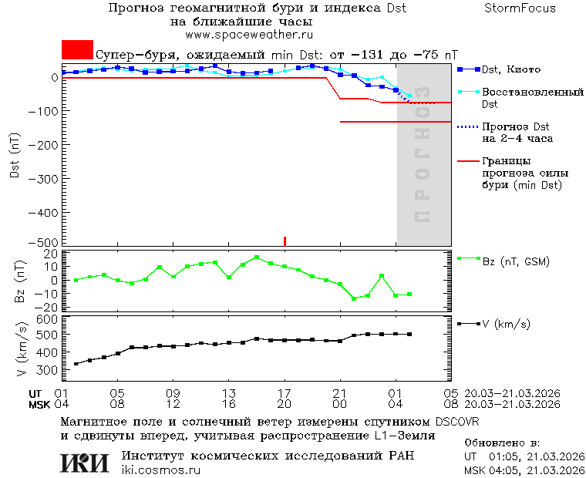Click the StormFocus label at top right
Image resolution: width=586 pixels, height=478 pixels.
tap(520, 8)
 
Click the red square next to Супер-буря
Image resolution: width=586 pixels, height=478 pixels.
tap(77, 50)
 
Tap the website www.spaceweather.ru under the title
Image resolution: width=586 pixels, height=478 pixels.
tap(248, 35)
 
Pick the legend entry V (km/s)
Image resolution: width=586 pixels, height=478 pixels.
tap(506, 324)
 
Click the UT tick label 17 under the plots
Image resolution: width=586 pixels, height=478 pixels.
tap(285, 392)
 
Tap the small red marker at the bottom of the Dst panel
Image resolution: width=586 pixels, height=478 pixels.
tap(285, 241)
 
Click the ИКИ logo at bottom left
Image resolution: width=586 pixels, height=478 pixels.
tap(84, 463)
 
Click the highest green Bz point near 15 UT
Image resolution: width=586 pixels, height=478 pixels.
tap(257, 258)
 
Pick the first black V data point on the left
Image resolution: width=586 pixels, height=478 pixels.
tap(76, 364)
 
